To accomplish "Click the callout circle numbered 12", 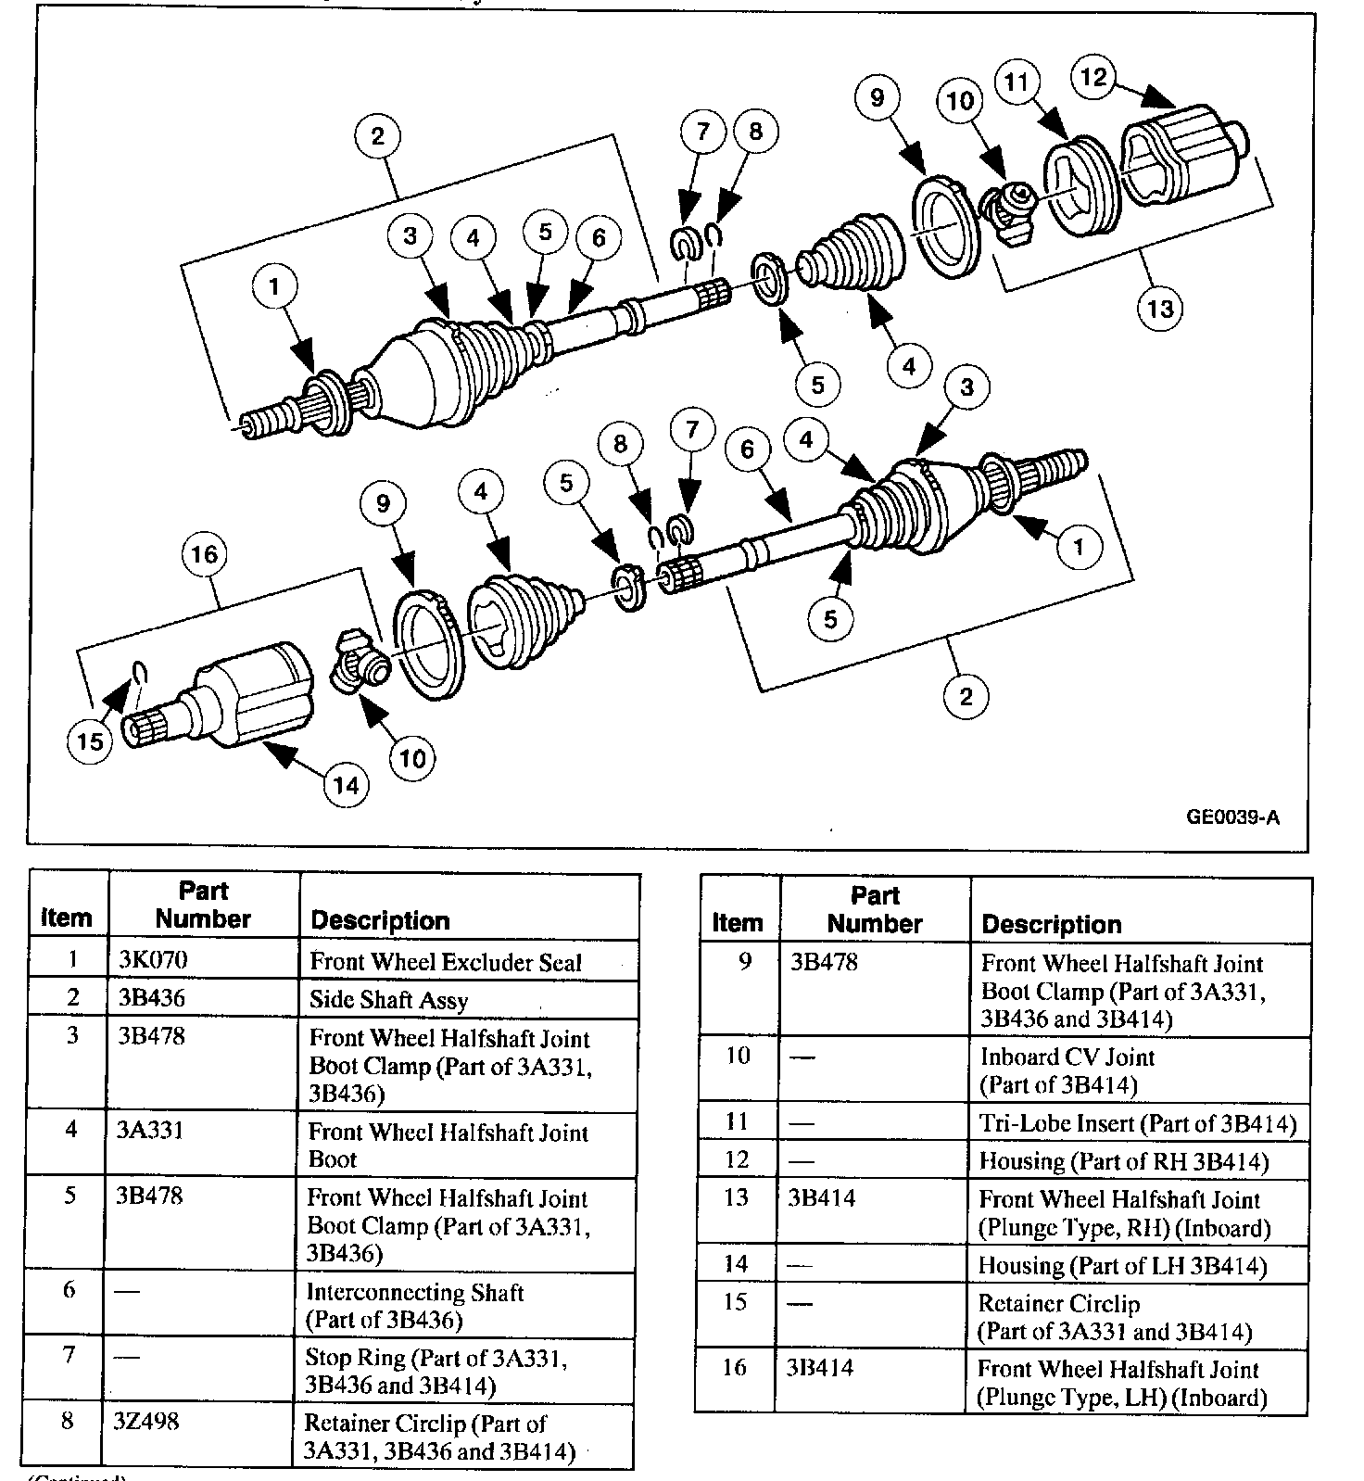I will coord(1094,77).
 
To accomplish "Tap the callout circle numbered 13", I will coord(1160,308).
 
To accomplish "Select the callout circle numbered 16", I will coord(204,554).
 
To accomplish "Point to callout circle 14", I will coord(346,786).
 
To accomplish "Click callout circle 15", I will coord(90,741).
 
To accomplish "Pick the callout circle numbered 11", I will coord(1017,82).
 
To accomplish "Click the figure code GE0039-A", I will coord(1232,816).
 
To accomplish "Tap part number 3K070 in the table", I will coord(153,960).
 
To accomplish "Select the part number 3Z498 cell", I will coord(148,1422).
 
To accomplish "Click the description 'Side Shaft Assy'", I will coord(389,1000).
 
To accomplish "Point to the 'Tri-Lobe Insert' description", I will coord(1138,1124).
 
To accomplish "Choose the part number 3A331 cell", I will coord(150,1130).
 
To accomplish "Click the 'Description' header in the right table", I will coord(1052,924).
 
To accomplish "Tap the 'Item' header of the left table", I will coord(67,918).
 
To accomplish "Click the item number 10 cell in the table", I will coord(738,1057).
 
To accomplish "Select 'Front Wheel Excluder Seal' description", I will coord(446,962).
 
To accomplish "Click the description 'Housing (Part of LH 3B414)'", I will coord(1123,1266).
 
